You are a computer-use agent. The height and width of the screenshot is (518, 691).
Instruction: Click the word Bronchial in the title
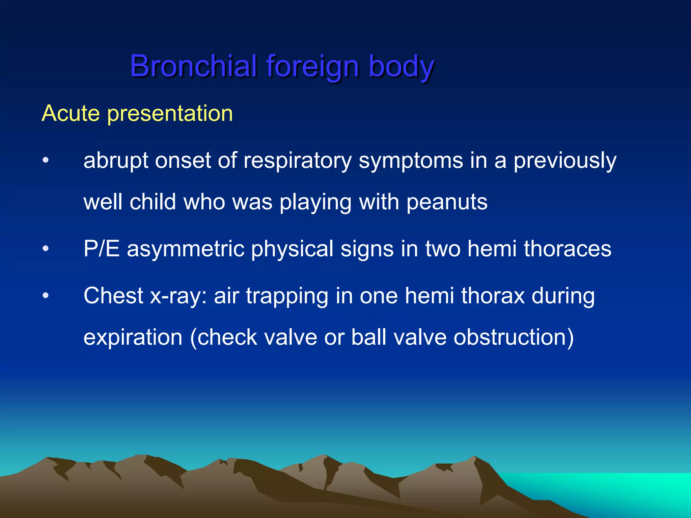(x=193, y=66)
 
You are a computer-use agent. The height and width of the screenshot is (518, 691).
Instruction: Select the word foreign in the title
(x=312, y=66)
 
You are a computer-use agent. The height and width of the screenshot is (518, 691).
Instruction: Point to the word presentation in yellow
(x=170, y=114)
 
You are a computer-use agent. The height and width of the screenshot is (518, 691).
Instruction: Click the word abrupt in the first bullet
(x=115, y=161)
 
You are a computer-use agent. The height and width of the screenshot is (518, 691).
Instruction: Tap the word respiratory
(x=298, y=161)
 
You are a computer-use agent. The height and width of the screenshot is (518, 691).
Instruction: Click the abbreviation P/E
(x=101, y=249)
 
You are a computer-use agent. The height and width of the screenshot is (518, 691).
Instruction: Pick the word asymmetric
(x=185, y=249)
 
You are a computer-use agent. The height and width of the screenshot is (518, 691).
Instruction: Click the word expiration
(x=133, y=338)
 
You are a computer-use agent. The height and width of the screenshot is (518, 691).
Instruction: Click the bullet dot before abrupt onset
(x=46, y=161)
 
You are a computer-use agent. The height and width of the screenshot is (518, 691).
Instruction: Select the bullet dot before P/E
(x=46, y=249)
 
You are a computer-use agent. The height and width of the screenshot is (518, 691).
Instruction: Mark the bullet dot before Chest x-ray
(x=46, y=296)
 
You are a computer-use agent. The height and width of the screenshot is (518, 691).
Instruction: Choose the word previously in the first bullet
(x=565, y=161)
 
